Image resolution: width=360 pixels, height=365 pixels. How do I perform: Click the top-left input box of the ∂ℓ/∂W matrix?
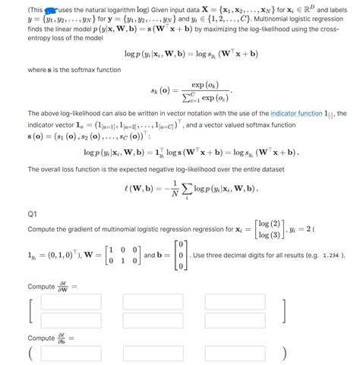click(x=71, y=303)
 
